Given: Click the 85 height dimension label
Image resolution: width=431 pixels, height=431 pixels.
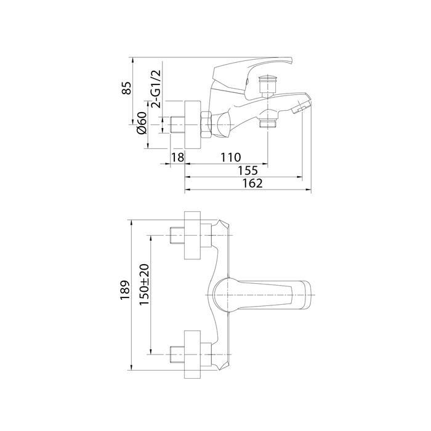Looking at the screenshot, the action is [127, 88].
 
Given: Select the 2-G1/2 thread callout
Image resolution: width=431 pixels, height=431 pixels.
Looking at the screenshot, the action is [156, 89].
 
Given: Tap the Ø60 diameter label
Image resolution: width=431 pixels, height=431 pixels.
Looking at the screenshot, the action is [142, 123].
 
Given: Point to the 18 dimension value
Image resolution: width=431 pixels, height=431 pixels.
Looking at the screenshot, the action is [177, 158].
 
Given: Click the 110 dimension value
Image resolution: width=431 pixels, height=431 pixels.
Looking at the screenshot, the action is [231, 158].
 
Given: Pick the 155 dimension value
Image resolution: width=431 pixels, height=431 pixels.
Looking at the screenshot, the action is [248, 171].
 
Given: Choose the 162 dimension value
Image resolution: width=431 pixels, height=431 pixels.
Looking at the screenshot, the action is [252, 183].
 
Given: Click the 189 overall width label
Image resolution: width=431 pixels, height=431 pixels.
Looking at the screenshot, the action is [125, 290].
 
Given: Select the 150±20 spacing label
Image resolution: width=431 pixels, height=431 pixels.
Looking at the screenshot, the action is [144, 284].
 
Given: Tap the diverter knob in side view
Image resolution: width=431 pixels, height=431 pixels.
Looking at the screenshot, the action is [267, 86].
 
